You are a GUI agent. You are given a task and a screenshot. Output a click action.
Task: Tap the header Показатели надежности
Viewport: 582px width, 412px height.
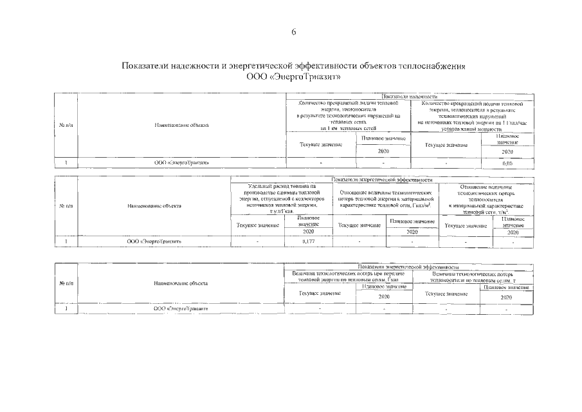(409, 96)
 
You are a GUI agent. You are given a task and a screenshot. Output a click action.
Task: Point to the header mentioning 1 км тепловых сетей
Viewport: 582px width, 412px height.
(348, 115)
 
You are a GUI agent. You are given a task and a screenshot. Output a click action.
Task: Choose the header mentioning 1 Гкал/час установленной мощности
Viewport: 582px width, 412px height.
(471, 115)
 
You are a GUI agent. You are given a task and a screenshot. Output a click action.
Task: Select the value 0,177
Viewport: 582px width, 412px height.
(308, 241)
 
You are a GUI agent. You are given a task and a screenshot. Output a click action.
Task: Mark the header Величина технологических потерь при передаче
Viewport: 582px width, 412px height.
(348, 277)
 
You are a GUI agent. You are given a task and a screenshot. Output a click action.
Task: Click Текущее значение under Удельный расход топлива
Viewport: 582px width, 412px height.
(257, 225)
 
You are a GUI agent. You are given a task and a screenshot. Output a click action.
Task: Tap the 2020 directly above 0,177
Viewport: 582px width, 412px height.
(308, 231)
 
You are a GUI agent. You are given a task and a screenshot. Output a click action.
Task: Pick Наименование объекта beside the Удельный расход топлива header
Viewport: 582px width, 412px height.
(154, 206)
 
